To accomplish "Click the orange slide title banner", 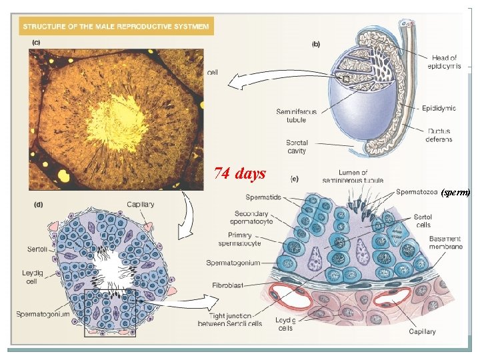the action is click(117, 27).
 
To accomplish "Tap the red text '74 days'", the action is click(239, 174).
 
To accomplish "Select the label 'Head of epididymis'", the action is click(444, 62).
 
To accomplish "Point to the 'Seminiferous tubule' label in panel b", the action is click(291, 116).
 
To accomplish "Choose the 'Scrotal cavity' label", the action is click(296, 147).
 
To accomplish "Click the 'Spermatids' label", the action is click(263, 197).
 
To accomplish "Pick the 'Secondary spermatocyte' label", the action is click(255, 217).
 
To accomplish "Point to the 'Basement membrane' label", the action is click(445, 243).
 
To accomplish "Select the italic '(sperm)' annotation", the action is click(456, 193).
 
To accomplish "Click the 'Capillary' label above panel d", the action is click(140, 205).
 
